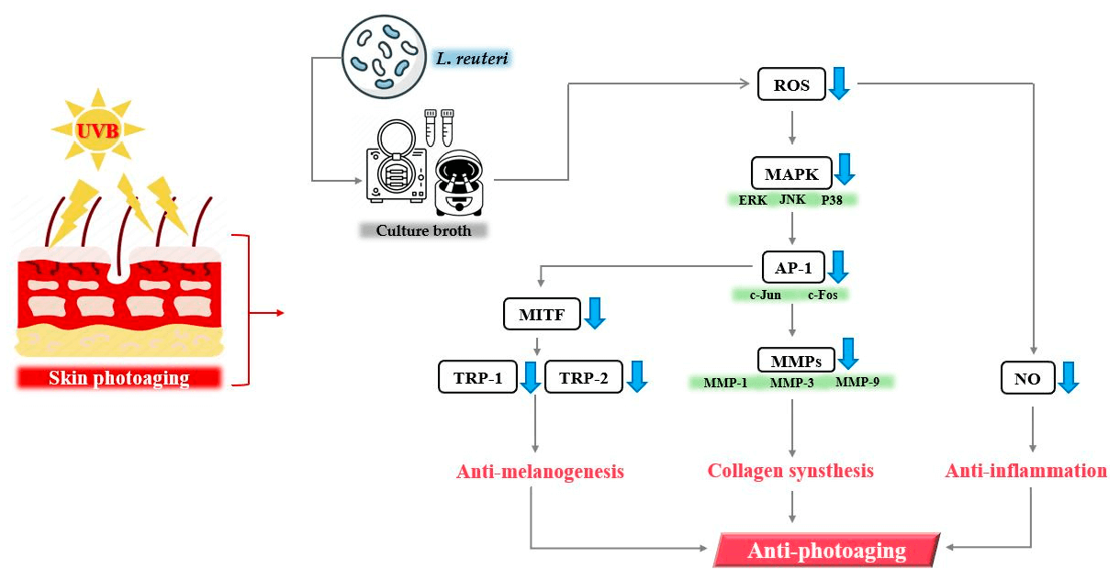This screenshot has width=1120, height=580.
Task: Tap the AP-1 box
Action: coord(790,268)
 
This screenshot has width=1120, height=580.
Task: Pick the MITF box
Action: coord(542,316)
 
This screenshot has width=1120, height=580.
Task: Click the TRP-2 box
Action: coord(583,377)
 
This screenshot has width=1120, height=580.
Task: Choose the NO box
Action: coord(1026,377)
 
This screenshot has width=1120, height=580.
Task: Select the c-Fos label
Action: coord(823,295)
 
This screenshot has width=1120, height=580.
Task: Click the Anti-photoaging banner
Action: coord(826,551)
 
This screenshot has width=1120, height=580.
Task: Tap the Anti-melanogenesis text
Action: coord(540,472)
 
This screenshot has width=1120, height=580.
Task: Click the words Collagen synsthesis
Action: coord(790,471)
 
